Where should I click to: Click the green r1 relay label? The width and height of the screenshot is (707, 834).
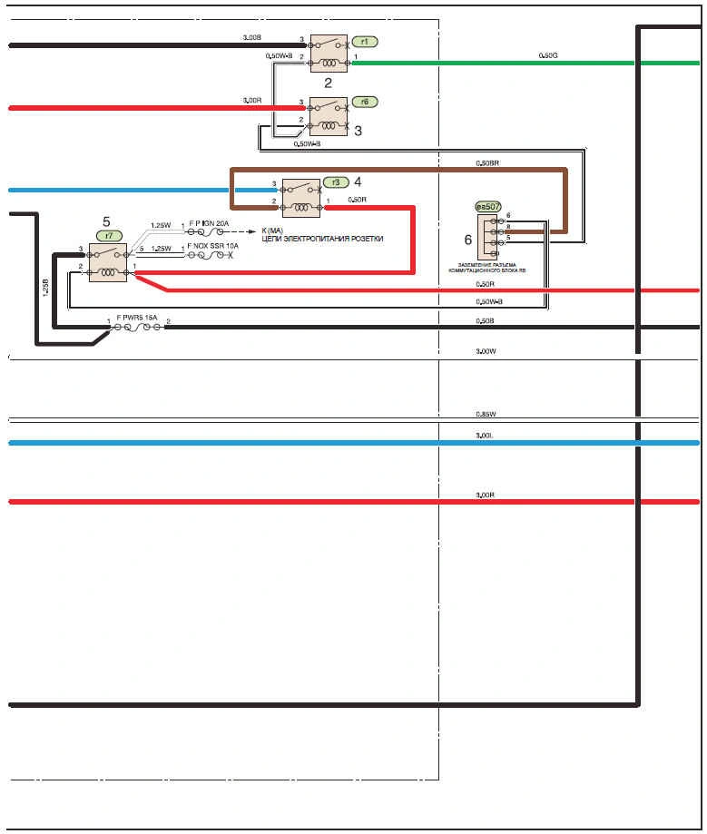364,42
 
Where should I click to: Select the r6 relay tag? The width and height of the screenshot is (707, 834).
364,103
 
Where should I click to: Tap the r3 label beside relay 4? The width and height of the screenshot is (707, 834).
336,182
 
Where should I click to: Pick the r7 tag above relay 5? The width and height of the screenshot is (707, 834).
109,235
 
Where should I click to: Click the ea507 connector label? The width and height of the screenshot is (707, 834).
488,207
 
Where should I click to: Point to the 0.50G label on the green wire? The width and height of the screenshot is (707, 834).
548,56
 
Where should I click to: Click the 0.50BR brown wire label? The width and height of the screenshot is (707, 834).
488,163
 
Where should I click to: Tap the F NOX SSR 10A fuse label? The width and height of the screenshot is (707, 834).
212,245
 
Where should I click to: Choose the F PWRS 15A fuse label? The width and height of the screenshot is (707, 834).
137,318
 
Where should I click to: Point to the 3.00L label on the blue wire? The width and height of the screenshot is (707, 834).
484,436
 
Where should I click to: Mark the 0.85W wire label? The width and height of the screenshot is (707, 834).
486,414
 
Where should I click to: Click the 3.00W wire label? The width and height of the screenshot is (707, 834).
486,350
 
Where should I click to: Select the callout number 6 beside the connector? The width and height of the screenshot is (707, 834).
468,240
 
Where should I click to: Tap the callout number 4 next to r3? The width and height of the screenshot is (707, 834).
358,181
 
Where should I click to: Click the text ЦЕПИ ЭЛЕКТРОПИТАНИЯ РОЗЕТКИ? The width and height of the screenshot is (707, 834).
322,239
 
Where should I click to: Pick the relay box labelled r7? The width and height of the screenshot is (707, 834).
108,262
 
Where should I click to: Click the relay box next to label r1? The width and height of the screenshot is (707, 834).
328,54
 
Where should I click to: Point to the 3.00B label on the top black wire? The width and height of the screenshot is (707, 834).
252,37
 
